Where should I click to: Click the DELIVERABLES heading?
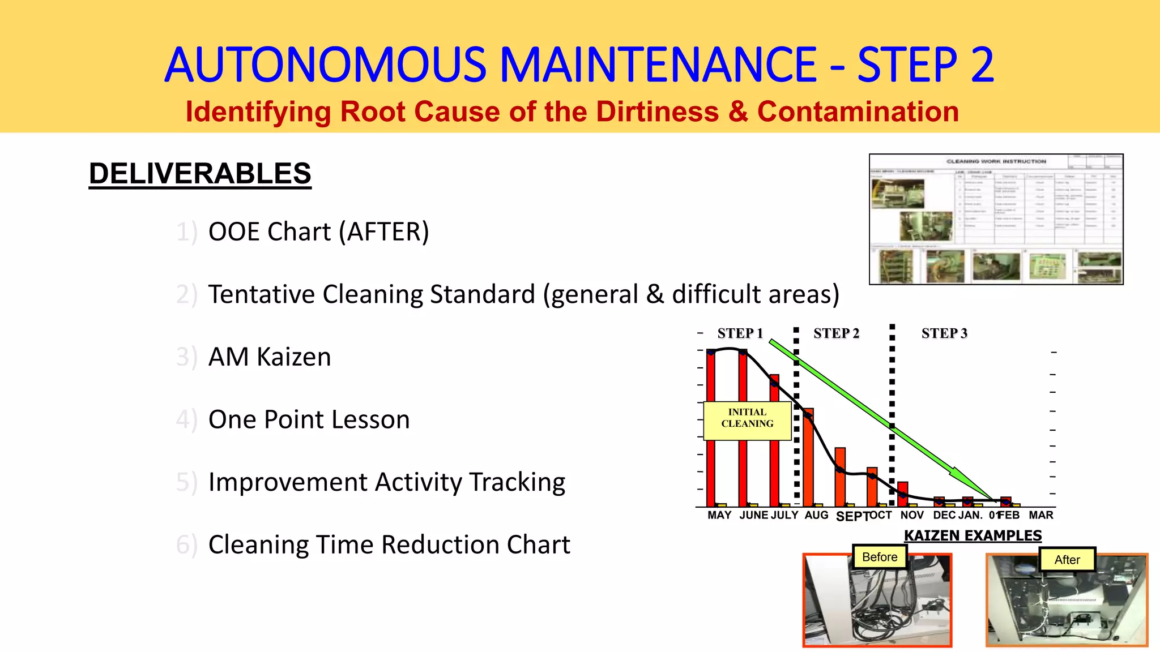[x=200, y=173]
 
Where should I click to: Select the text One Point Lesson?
[x=309, y=419]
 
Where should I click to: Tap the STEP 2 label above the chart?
[x=836, y=333]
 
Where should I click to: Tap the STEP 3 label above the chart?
[x=944, y=333]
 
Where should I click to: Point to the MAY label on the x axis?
[x=719, y=515]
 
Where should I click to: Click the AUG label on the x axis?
[x=816, y=515]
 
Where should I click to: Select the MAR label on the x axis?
[x=1041, y=515]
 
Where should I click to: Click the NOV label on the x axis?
[x=912, y=515]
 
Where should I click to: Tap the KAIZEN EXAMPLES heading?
[x=973, y=535]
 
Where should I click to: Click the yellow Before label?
[x=880, y=557]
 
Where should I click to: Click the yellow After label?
[x=1067, y=560]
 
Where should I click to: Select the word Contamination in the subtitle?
[x=858, y=111]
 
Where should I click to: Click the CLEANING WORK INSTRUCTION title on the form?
[x=996, y=161]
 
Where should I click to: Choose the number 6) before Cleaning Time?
[x=187, y=545]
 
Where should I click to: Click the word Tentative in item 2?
[x=261, y=294]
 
